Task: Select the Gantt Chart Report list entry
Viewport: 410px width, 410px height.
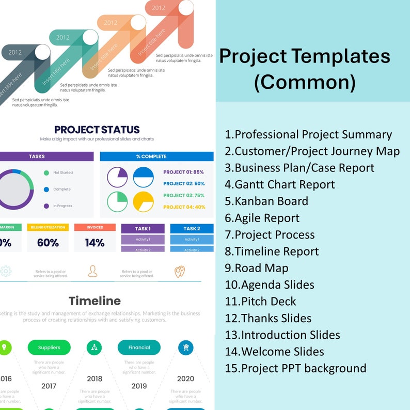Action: [279, 184]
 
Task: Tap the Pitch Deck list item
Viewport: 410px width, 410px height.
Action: [260, 302]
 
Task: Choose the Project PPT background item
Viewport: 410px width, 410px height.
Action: [295, 368]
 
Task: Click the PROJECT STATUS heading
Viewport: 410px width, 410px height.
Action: [97, 130]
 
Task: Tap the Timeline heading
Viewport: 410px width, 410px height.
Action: [94, 301]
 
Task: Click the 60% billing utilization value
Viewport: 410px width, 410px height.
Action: [48, 242]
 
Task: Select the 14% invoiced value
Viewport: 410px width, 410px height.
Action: [94, 242]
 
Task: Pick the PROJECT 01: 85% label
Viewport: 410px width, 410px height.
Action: [183, 172]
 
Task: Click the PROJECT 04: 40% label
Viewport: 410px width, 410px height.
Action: [183, 207]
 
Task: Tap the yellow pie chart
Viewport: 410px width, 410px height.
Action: [143, 202]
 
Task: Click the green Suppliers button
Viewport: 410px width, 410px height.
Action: [49, 348]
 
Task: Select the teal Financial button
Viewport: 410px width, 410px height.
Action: [139, 348]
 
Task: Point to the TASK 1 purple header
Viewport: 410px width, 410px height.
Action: [143, 228]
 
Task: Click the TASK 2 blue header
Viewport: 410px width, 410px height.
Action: [192, 228]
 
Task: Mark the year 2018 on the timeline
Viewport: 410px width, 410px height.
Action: [94, 379]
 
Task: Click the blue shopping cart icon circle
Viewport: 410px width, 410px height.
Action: [186, 347]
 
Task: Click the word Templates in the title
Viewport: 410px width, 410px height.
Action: [340, 56]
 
